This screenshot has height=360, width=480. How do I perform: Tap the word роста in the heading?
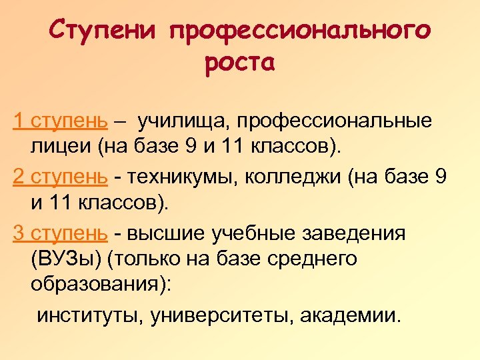pos(240,64)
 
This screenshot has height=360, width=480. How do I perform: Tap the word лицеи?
pos(61,147)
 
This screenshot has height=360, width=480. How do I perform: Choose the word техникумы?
pos(182,177)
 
